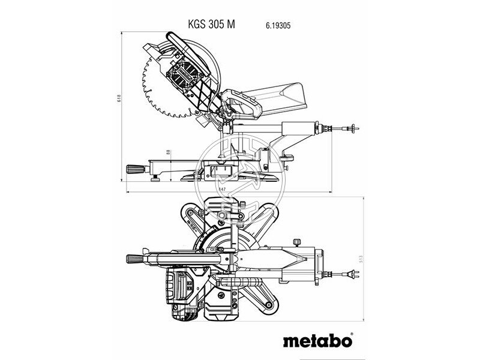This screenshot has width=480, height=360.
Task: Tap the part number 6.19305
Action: (x=278, y=26)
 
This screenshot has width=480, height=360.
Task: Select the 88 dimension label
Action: (x=169, y=154)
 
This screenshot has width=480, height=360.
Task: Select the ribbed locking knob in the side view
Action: (x=135, y=167)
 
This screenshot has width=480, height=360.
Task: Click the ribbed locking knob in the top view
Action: (x=135, y=259)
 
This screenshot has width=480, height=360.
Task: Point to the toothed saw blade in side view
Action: (x=150, y=90)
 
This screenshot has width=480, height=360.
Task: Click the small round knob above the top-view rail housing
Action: (x=297, y=241)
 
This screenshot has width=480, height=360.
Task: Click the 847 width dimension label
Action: (x=221, y=189)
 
